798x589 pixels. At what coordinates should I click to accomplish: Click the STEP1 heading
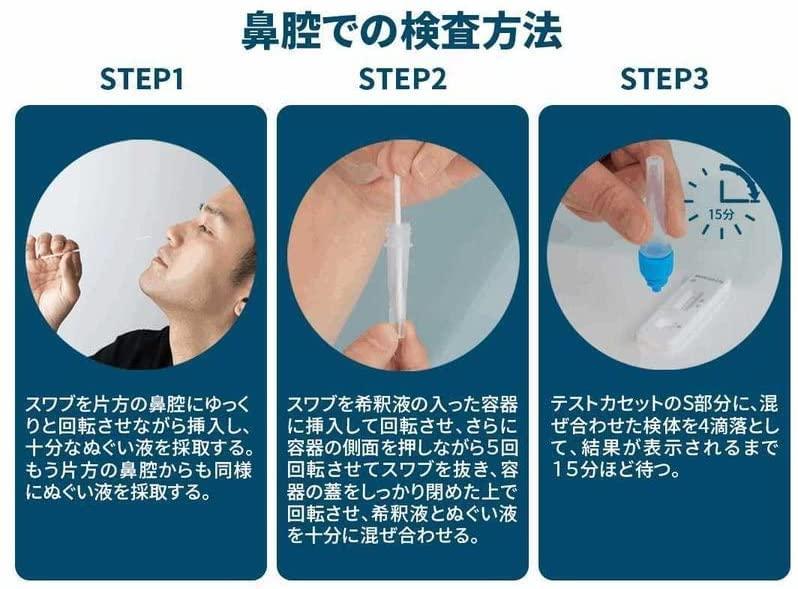point(141,79)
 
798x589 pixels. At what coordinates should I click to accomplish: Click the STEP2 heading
point(403,79)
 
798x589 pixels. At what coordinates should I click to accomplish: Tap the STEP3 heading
point(664,79)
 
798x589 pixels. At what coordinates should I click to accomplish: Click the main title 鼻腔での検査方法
point(401,31)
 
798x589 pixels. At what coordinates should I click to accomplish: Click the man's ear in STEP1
point(239,305)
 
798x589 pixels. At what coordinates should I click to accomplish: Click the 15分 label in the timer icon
point(721,214)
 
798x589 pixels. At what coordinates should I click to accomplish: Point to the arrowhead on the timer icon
point(752,195)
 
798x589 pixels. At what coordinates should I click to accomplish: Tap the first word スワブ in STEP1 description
point(51,405)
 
